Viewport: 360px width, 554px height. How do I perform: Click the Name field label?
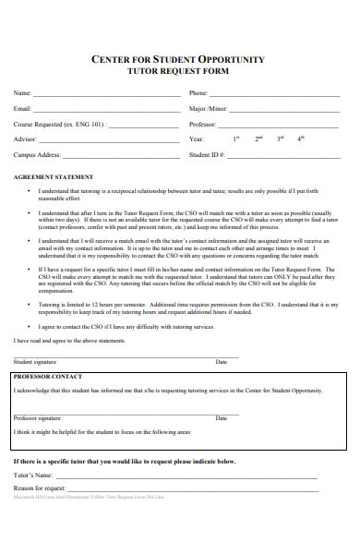pos(21,93)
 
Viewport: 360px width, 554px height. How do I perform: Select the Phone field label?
pos(198,93)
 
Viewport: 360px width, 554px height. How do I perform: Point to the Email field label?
pos(21,108)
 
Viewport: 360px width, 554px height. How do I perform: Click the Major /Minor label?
pos(209,108)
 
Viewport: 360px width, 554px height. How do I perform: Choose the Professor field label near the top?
pos(203,123)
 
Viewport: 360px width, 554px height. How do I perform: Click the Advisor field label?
pos(26,138)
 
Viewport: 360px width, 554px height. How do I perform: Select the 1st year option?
pos(235,138)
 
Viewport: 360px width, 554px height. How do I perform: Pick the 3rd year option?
pos(281,138)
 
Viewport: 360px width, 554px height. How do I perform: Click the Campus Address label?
pos(37,154)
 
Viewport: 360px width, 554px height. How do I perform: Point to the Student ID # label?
pos(207,154)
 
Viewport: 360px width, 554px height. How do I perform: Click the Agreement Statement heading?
pos(53,176)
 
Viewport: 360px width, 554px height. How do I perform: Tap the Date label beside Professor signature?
pos(222,418)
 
